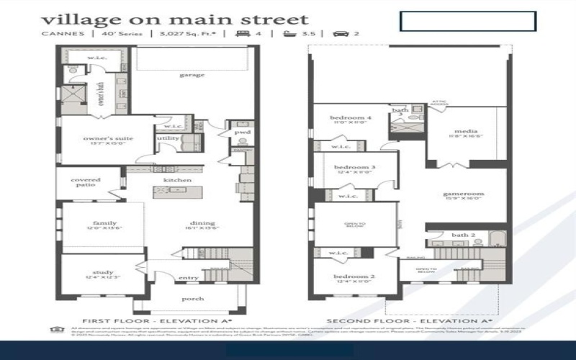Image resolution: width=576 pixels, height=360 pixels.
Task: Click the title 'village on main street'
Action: tap(174, 19)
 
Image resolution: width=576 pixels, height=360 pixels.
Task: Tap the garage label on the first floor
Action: tap(192, 75)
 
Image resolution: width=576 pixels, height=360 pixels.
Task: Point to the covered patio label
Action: tap(86, 182)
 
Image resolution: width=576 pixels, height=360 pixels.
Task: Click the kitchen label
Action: tap(177, 179)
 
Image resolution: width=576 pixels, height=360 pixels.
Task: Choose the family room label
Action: tap(104, 223)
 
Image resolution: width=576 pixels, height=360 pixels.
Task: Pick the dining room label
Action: tap(203, 223)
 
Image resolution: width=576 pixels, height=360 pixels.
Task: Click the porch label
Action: tap(192, 298)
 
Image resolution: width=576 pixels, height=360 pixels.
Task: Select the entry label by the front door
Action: tap(189, 278)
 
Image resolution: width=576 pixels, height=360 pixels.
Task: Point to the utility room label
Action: tap(168, 138)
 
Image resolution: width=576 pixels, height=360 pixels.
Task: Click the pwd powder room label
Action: tap(241, 132)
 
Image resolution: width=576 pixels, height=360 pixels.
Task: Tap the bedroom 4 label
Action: tap(351, 118)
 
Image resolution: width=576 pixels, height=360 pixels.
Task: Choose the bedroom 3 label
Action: tap(353, 168)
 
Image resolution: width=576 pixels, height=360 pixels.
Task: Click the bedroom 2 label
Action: tap(353, 276)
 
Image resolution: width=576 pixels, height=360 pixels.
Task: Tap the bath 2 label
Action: tap(464, 235)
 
